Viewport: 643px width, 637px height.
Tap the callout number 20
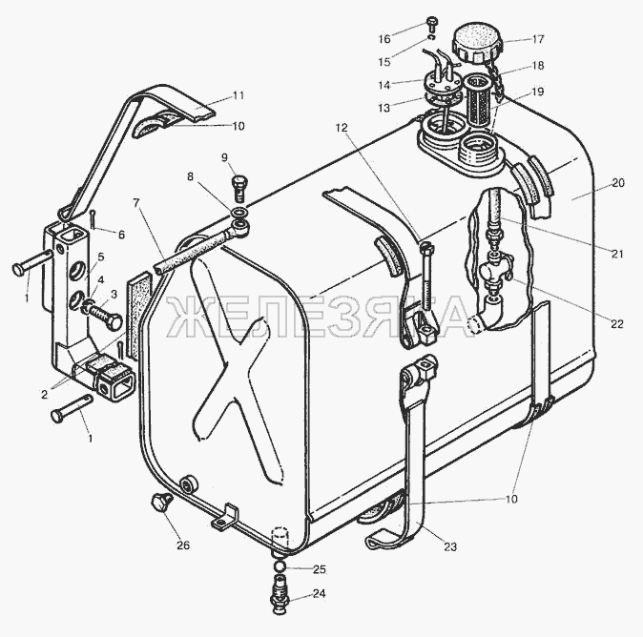pos(617,182)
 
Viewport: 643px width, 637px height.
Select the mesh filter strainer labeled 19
pos(478,99)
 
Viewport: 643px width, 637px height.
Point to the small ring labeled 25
pos(280,566)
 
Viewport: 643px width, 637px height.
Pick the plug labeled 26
pos(161,502)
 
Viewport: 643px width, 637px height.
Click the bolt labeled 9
pos(239,189)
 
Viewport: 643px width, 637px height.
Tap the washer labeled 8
pos(239,213)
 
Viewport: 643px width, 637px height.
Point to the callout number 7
pos(136,203)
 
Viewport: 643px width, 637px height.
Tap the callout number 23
pos(450,546)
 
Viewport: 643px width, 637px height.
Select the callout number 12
pos(342,128)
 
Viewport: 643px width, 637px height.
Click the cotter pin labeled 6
pos(93,219)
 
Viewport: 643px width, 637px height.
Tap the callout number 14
pos(384,85)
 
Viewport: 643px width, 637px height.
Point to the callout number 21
pos(616,254)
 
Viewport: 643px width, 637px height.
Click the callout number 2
pos(44,395)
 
